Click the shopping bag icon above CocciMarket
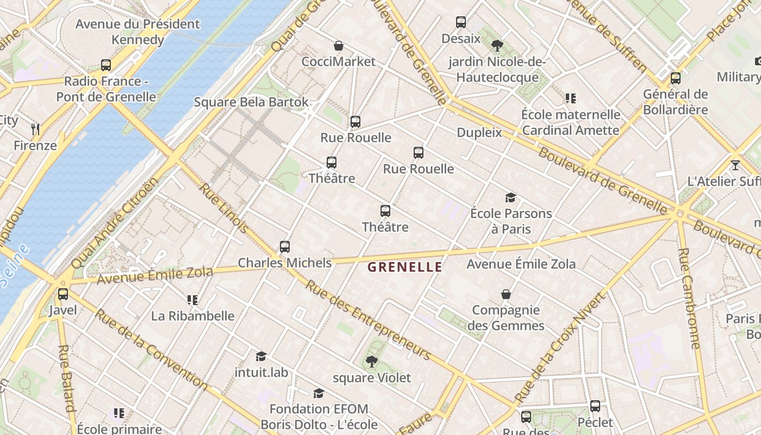(x=339, y=46)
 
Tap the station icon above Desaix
(x=461, y=22)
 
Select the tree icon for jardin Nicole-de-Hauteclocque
(x=497, y=46)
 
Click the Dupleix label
(x=479, y=132)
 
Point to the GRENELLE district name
(x=405, y=267)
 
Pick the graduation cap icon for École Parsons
(x=510, y=197)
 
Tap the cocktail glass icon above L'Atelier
(x=735, y=165)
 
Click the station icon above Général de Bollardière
(x=676, y=78)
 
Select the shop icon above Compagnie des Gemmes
(x=506, y=294)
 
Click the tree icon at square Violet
(x=372, y=361)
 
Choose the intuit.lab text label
(x=261, y=372)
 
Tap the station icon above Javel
(x=63, y=294)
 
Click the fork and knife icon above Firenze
(x=35, y=129)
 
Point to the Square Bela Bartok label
(x=251, y=102)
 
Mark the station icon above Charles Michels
(x=285, y=247)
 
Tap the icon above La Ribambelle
(x=192, y=300)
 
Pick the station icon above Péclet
(x=595, y=406)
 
